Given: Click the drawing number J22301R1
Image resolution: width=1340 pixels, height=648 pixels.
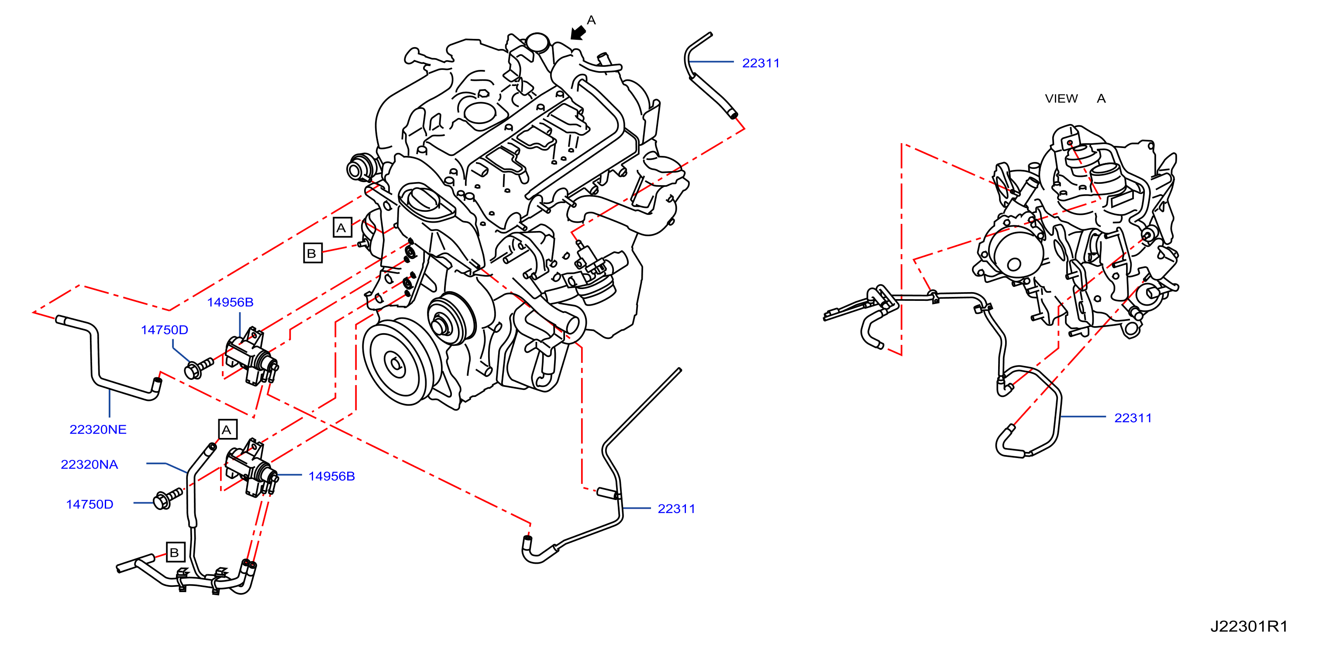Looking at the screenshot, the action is pyautogui.click(x=1248, y=626).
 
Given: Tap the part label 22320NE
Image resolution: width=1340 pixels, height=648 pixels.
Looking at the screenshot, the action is pyautogui.click(x=98, y=430).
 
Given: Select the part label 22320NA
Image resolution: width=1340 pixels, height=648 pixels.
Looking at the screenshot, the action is pyautogui.click(x=90, y=465).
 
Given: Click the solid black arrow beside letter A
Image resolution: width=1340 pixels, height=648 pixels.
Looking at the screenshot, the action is pyautogui.click(x=578, y=32).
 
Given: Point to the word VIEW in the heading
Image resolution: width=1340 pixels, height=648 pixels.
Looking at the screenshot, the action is pyautogui.click(x=1061, y=98).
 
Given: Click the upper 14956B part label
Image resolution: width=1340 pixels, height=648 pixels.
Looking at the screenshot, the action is pyautogui.click(x=230, y=302).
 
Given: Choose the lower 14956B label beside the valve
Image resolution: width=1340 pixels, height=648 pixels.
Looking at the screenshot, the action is pyautogui.click(x=331, y=476).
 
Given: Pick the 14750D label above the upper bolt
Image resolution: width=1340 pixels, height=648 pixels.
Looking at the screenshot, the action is pyautogui.click(x=164, y=330).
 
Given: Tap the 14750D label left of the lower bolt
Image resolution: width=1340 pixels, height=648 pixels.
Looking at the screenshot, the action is pyautogui.click(x=90, y=504).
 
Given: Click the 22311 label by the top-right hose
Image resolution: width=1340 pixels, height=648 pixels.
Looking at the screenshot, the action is pyautogui.click(x=761, y=63).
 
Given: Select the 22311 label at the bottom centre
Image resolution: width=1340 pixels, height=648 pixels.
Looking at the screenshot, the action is pyautogui.click(x=676, y=509).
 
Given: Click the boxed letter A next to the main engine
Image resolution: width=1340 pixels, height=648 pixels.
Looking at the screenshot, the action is pyautogui.click(x=342, y=227).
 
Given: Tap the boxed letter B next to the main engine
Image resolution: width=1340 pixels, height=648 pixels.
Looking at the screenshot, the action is pyautogui.click(x=313, y=253).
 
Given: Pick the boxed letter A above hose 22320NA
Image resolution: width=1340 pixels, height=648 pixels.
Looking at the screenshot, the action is pyautogui.click(x=227, y=430).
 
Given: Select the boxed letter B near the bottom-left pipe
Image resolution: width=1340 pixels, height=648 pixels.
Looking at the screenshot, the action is pyautogui.click(x=175, y=552).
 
